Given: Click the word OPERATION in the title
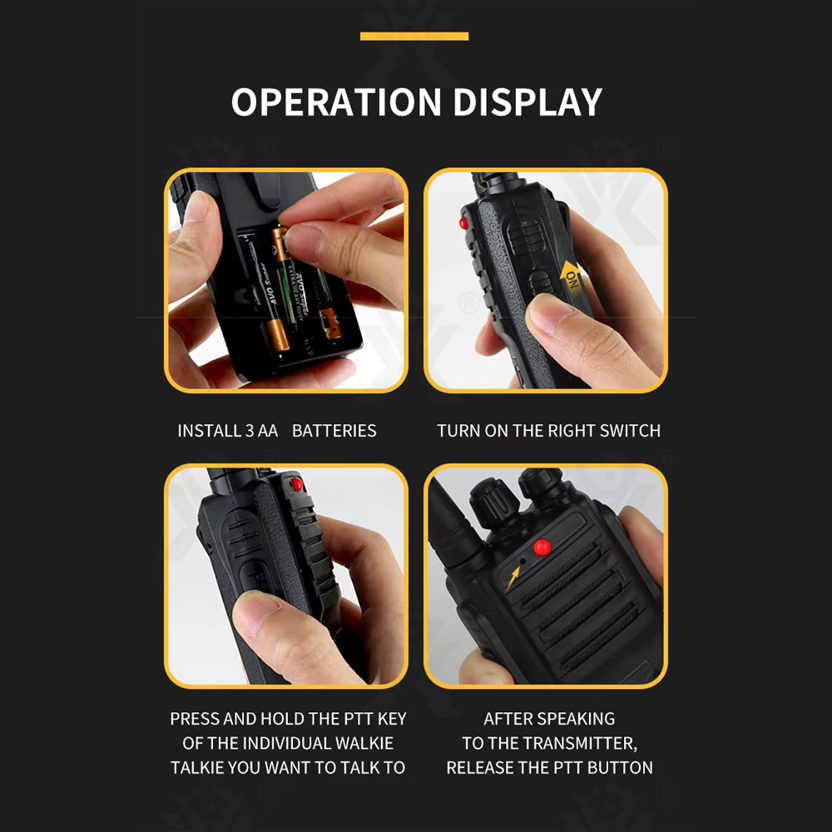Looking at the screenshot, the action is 336,102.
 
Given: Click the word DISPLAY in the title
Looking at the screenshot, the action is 528,102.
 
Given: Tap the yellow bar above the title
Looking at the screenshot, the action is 414,36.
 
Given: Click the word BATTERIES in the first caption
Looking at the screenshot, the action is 334,430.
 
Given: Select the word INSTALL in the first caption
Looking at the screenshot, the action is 210,430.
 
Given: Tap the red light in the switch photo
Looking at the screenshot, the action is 463,223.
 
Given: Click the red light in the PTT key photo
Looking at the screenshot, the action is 297,484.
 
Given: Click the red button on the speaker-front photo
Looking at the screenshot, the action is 542,547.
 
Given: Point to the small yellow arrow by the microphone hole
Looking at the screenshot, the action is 513,578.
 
